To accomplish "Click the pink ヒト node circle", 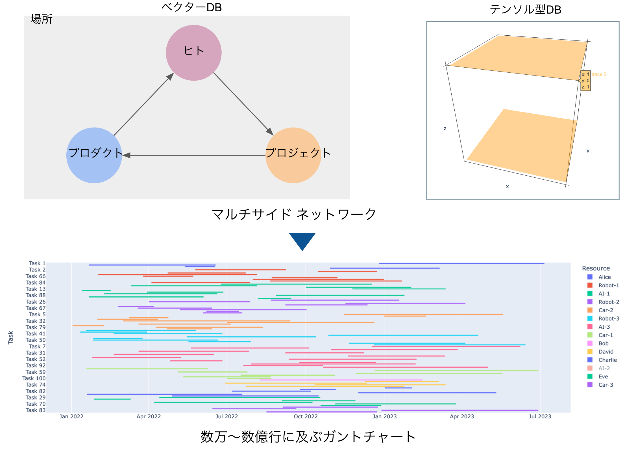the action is (x=193, y=53).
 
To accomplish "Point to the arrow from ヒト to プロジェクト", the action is (x=243, y=104).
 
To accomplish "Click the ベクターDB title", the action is (x=191, y=7).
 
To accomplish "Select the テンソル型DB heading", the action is (x=525, y=10).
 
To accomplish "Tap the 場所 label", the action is (x=42, y=19).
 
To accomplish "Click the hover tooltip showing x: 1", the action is (x=585, y=81).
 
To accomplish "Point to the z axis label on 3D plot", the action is (x=445, y=128).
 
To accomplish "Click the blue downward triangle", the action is (x=302, y=241).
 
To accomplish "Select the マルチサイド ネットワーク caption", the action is (x=294, y=214).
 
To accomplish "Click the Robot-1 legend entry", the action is (x=608, y=285).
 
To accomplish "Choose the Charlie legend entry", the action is (x=607, y=360).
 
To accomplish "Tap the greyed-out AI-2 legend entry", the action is (x=604, y=368).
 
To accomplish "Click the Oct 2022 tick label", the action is (x=306, y=417).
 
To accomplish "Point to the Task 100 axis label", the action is (x=34, y=378).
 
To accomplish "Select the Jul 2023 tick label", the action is (x=540, y=417).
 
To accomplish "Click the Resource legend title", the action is (x=596, y=268).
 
